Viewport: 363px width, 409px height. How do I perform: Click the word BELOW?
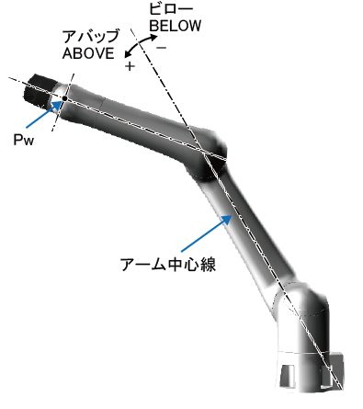tap(176, 26)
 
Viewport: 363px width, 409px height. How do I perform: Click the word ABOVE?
tap(88, 53)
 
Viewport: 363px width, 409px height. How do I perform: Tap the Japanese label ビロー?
tap(171, 8)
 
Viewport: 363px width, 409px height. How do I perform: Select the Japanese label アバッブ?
tap(91, 37)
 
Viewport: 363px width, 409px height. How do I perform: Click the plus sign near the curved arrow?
tap(130, 66)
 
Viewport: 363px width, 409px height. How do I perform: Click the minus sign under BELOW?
tap(162, 48)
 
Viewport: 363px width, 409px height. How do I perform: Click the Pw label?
tap(24, 140)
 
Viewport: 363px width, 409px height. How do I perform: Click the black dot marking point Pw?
tap(64, 98)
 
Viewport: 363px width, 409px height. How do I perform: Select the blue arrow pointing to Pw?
tap(43, 114)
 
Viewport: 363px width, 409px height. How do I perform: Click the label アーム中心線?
tap(168, 264)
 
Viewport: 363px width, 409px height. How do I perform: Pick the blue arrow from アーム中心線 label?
tap(206, 233)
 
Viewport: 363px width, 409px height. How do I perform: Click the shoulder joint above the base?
tap(301, 306)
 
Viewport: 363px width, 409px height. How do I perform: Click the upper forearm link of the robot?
tap(129, 119)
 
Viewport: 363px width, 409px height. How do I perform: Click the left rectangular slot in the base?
tap(288, 375)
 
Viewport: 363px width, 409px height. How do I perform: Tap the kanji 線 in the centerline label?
tap(209, 265)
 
